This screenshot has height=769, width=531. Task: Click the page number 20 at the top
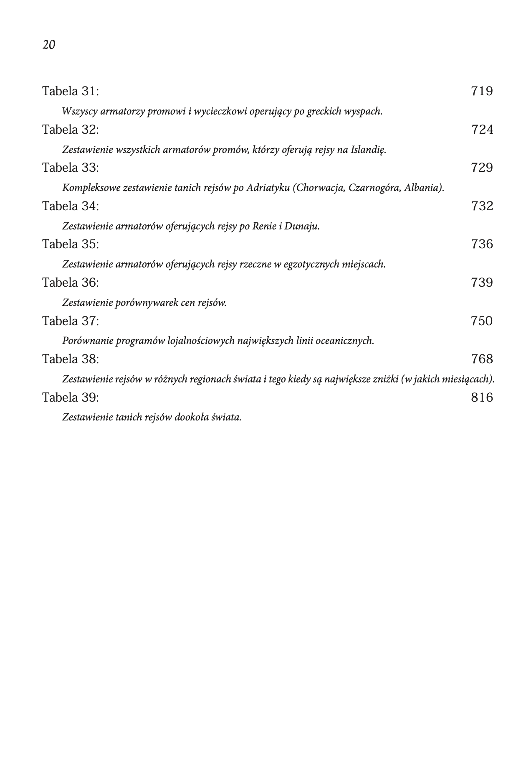pyautogui.click(x=49, y=45)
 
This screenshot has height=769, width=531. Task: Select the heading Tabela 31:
pyautogui.click(x=71, y=91)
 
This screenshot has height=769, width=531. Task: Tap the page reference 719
pyautogui.click(x=482, y=91)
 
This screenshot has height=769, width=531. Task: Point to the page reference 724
pyautogui.click(x=482, y=130)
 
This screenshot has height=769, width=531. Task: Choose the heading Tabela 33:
pyautogui.click(x=71, y=168)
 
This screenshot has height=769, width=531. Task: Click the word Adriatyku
pyautogui.click(x=268, y=188)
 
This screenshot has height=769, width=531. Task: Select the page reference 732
pyautogui.click(x=482, y=206)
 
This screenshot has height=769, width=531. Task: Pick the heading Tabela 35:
pyautogui.click(x=71, y=244)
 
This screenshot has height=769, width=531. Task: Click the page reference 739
pyautogui.click(x=482, y=283)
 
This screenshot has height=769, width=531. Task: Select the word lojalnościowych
pyautogui.click(x=201, y=341)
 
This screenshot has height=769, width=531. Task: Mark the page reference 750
pyautogui.click(x=482, y=321)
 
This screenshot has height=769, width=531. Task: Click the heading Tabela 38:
pyautogui.click(x=71, y=359)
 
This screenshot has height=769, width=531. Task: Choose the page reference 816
pyautogui.click(x=482, y=398)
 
